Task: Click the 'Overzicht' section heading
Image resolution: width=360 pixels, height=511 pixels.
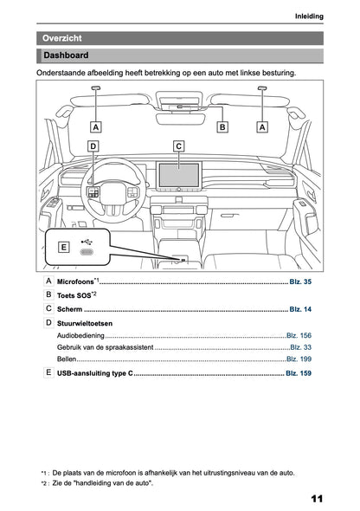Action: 62,38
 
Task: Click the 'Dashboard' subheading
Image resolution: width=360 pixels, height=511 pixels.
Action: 66,56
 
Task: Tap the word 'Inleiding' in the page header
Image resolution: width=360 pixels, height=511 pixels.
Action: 309,16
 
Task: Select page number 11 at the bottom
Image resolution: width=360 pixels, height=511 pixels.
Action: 316,498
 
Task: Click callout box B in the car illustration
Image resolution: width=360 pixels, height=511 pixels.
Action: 222,126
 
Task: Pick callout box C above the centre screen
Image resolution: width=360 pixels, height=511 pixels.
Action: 178,146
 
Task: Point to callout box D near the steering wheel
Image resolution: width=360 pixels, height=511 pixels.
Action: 93,146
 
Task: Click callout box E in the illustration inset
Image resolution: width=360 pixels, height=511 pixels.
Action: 62,247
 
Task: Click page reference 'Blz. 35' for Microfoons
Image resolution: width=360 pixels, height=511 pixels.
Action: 300,282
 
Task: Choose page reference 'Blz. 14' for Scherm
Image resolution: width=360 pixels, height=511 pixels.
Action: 300,308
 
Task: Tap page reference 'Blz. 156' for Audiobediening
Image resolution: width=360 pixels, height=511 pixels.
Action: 299,334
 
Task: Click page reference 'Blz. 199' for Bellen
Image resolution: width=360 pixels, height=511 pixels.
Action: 299,359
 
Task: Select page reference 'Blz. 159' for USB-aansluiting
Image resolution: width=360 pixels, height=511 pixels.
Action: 299,372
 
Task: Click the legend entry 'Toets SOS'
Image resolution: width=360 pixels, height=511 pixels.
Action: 74,295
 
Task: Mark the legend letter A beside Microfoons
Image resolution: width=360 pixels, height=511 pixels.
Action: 48,282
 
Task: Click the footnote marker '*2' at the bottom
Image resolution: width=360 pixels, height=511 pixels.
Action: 43,482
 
